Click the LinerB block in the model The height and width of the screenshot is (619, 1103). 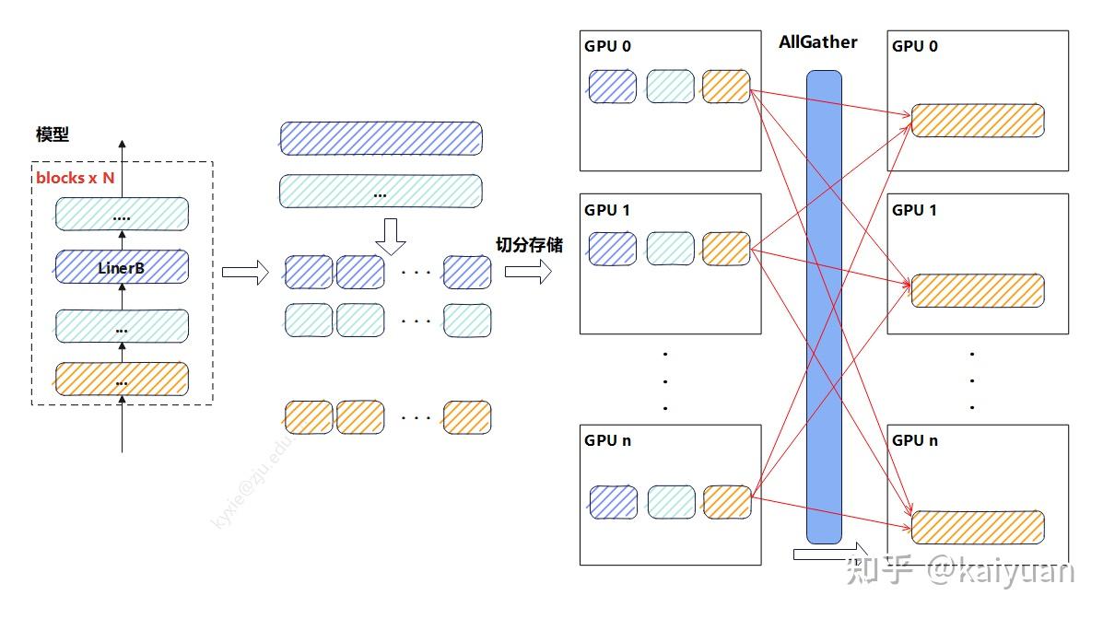click(122, 268)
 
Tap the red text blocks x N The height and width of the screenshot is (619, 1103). click(76, 178)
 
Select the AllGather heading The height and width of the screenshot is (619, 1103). click(817, 42)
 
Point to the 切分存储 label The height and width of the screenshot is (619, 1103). click(529, 245)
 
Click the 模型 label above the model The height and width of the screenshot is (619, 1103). click(53, 135)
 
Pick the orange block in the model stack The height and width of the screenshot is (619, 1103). click(122, 380)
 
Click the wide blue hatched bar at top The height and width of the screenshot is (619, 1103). click(381, 138)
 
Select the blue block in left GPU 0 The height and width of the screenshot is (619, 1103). click(613, 86)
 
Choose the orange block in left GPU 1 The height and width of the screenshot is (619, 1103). click(726, 248)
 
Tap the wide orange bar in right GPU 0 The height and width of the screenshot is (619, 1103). click(978, 121)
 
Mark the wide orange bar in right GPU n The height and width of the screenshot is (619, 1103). click(978, 526)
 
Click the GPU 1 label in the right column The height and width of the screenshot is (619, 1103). click(914, 210)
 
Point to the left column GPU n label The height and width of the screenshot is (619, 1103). click(607, 440)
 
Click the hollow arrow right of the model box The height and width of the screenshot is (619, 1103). click(244, 272)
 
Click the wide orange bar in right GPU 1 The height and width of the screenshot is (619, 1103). click(978, 290)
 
